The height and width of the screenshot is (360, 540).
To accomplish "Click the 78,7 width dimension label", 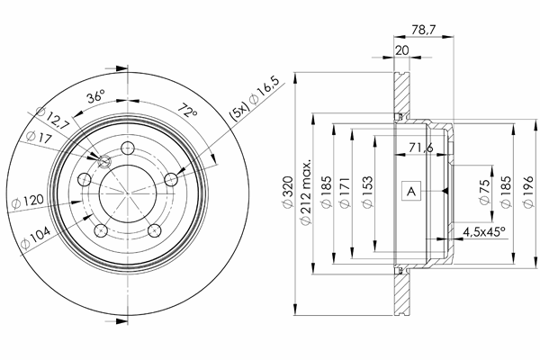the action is coord(423,30).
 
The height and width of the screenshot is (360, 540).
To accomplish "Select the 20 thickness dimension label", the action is coord(401,50).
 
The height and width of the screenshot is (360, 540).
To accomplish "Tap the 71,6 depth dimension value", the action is coord(421,148).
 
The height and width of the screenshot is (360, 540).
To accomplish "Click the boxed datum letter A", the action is coord(411,191).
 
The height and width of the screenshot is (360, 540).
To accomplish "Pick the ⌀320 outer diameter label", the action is coord(288,192).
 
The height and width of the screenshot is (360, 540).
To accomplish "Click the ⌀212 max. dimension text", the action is coord(305,192).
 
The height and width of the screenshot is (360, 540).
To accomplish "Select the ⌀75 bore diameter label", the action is coord(484,192).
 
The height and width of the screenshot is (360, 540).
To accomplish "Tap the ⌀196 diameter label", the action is coord(528,192).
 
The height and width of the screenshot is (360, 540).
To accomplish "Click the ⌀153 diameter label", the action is coord(368,192).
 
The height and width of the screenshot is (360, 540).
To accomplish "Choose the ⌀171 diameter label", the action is coord(345,192).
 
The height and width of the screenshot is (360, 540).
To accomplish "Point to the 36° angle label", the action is coord(95,96).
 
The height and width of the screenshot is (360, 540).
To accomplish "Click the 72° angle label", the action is coord(187,111).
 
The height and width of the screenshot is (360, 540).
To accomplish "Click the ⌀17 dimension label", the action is coord(39,137).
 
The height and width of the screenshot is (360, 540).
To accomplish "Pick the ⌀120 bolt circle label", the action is coord(28,202).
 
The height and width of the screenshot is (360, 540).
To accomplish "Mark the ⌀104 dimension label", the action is coord(35,238).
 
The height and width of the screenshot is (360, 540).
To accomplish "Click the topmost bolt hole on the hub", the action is coord(128,148).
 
